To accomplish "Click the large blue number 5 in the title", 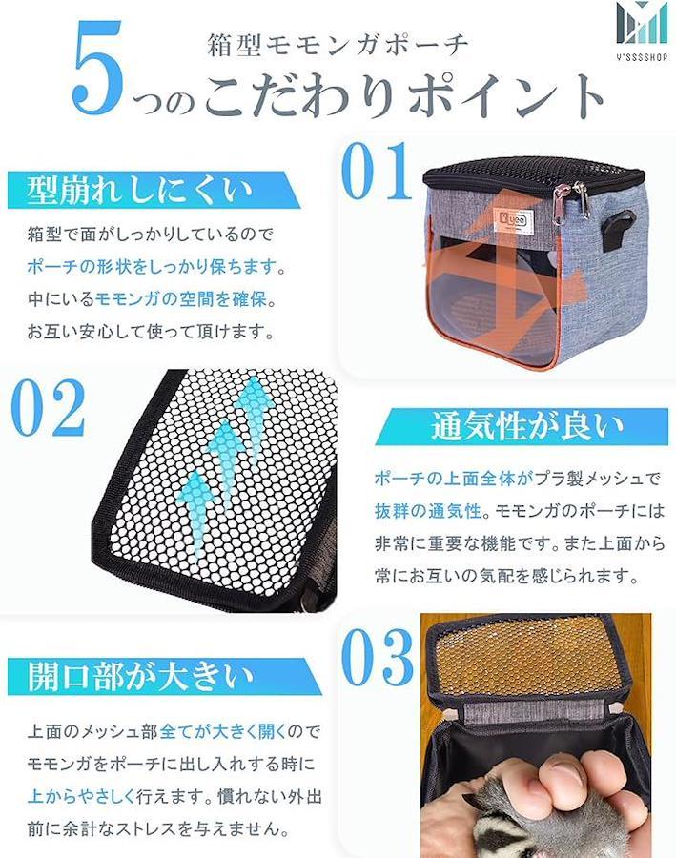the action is pos(97,69).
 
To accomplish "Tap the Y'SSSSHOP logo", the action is pos(642,31).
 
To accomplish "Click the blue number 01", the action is pos(376,171).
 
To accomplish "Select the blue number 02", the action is pos(49,408).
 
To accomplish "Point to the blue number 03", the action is pos(378,657).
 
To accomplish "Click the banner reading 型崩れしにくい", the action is pos(154,190).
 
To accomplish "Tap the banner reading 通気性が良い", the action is pos(522,426).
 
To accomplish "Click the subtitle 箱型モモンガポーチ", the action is pos(338,45).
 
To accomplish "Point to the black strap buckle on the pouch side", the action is pos(617,234).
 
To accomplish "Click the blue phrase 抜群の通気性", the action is pos(428,511).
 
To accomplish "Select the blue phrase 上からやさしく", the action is pos(81,796).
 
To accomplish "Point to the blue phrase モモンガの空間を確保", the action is pos(180,298).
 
